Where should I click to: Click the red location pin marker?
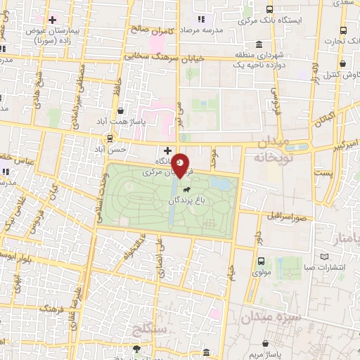point(181,166)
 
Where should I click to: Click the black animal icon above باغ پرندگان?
point(186,188)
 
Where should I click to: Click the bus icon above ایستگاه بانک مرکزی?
point(270,9)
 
